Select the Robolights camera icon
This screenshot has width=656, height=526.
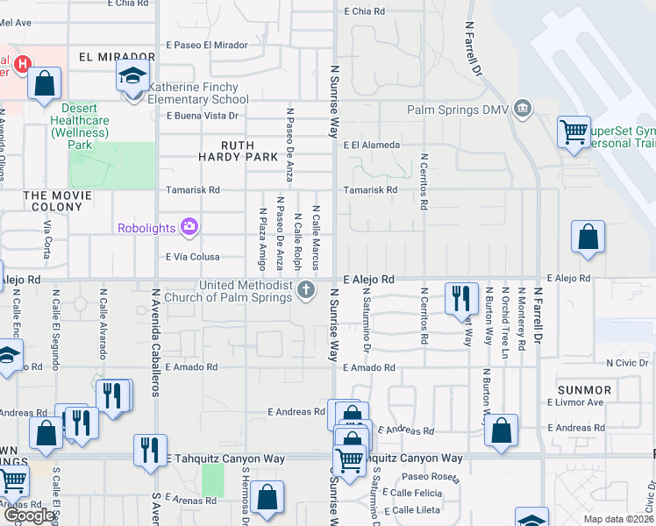pyautogui.click(x=189, y=228)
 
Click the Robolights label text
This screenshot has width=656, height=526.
pyautogui.click(x=147, y=229)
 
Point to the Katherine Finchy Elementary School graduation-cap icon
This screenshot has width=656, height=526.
pyautogui.click(x=132, y=77)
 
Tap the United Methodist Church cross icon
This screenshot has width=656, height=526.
pyautogui.click(x=305, y=290)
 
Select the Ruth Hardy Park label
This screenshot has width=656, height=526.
pyautogui.click(x=237, y=152)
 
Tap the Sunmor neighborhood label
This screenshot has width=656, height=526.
pyautogui.click(x=585, y=389)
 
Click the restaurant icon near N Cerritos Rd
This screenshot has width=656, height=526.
pyautogui.click(x=460, y=298)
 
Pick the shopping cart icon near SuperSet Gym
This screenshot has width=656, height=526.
pyautogui.click(x=574, y=133)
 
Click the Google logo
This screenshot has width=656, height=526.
pyautogui.click(x=29, y=515)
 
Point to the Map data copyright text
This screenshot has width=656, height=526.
pyautogui.click(x=619, y=519)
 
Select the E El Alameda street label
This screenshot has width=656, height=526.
pyautogui.click(x=372, y=145)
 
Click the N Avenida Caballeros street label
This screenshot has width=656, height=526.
pyautogui.click(x=154, y=343)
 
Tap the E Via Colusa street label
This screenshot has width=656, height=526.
pyautogui.click(x=192, y=257)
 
